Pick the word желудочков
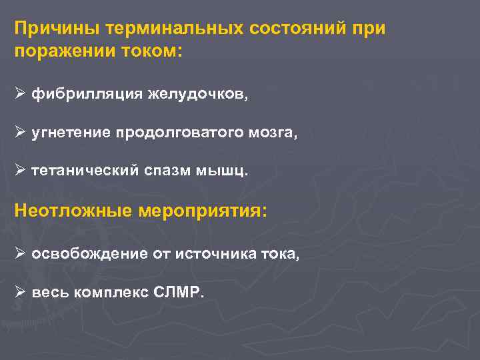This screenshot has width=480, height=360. [197, 95]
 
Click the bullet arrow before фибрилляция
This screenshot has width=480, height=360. [20, 95]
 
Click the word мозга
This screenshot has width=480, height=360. [273, 133]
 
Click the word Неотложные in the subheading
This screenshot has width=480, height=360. [73, 212]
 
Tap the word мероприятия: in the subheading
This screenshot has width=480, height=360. [203, 212]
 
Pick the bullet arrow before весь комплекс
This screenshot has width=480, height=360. [20, 293]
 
